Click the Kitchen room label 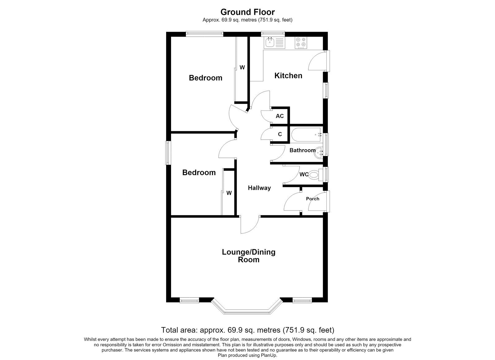tap(288, 76)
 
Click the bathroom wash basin tap(319, 153)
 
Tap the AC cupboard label tap(280, 116)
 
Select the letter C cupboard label tap(280, 134)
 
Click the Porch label tap(312, 199)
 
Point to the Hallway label tap(259, 188)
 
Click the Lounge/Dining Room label tap(249, 256)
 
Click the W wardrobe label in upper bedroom tap(242, 67)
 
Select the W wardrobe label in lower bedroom tap(229, 193)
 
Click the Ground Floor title tap(247, 12)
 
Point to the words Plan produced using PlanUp tap(247, 355)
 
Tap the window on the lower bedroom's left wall tap(168, 153)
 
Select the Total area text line tap(247, 330)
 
